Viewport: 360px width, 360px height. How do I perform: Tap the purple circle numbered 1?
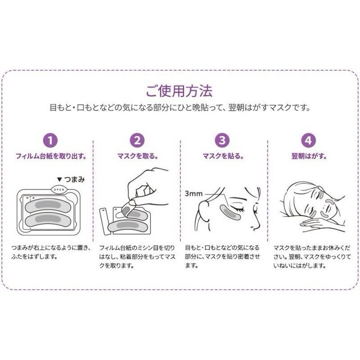pos(50,140)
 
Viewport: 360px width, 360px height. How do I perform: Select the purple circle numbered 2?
pos(137,140)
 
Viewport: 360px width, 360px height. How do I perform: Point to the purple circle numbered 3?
pos(221,140)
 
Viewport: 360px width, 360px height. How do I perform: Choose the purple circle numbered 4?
pos(308,140)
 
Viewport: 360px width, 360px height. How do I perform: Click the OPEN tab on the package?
pos(60,189)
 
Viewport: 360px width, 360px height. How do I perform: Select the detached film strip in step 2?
pos(104,220)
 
